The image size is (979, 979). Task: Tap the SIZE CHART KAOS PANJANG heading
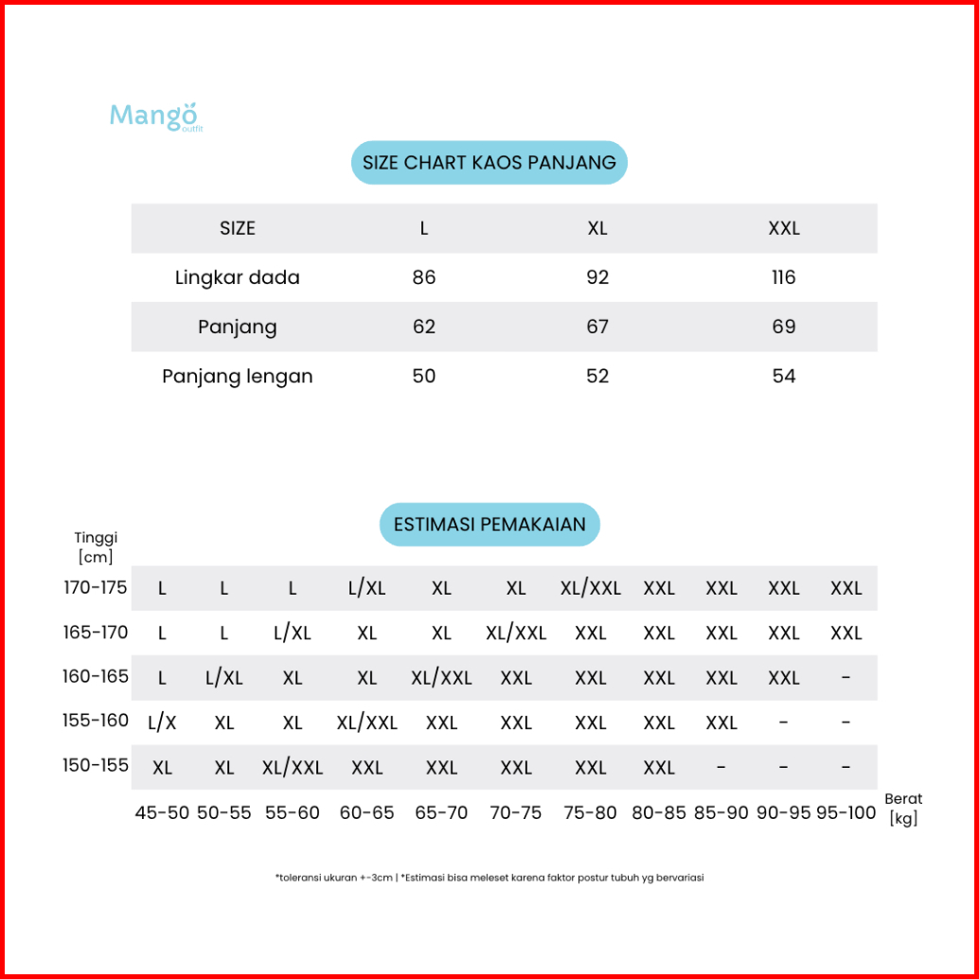pos(489,163)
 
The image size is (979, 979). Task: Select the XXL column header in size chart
pos(784,228)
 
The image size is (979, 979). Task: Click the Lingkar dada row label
pos(238,277)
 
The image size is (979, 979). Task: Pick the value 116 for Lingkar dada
pos(784,277)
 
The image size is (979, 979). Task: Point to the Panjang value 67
pos(597,327)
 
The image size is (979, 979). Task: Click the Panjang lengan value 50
pos(424,376)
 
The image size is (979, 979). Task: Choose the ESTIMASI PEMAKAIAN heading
pos(489,525)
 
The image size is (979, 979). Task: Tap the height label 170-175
pos(96,588)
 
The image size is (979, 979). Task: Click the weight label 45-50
pos(163,812)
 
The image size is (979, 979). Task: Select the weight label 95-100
pos(846,812)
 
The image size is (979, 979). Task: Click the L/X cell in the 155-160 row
pos(163,722)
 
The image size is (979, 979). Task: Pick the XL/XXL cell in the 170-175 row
pos(591,588)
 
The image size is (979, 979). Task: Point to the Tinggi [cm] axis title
pos(96,547)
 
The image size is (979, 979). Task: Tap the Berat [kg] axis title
pos(904,810)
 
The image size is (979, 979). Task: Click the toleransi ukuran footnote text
pos(489,878)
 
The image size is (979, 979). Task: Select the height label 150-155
pos(96,766)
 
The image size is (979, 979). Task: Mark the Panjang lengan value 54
pos(784,376)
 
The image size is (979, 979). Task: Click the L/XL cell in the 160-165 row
pos(224,678)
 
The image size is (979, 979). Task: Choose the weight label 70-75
pos(516,812)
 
